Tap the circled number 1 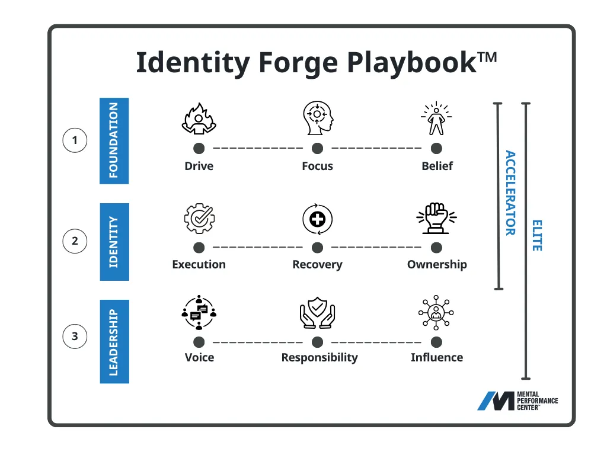[75, 140]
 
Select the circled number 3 [75, 337]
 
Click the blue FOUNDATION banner [114, 140]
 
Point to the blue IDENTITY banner [114, 242]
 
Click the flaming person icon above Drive [199, 118]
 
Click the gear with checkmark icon [199, 219]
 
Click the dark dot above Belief [437, 148]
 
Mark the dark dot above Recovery [318, 248]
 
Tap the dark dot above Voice [199, 342]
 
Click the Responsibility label [320, 357]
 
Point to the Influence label [437, 357]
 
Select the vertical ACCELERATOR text [510, 193]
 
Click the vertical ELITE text [537, 235]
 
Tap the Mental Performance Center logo [517, 401]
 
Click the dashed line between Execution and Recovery [258, 248]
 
